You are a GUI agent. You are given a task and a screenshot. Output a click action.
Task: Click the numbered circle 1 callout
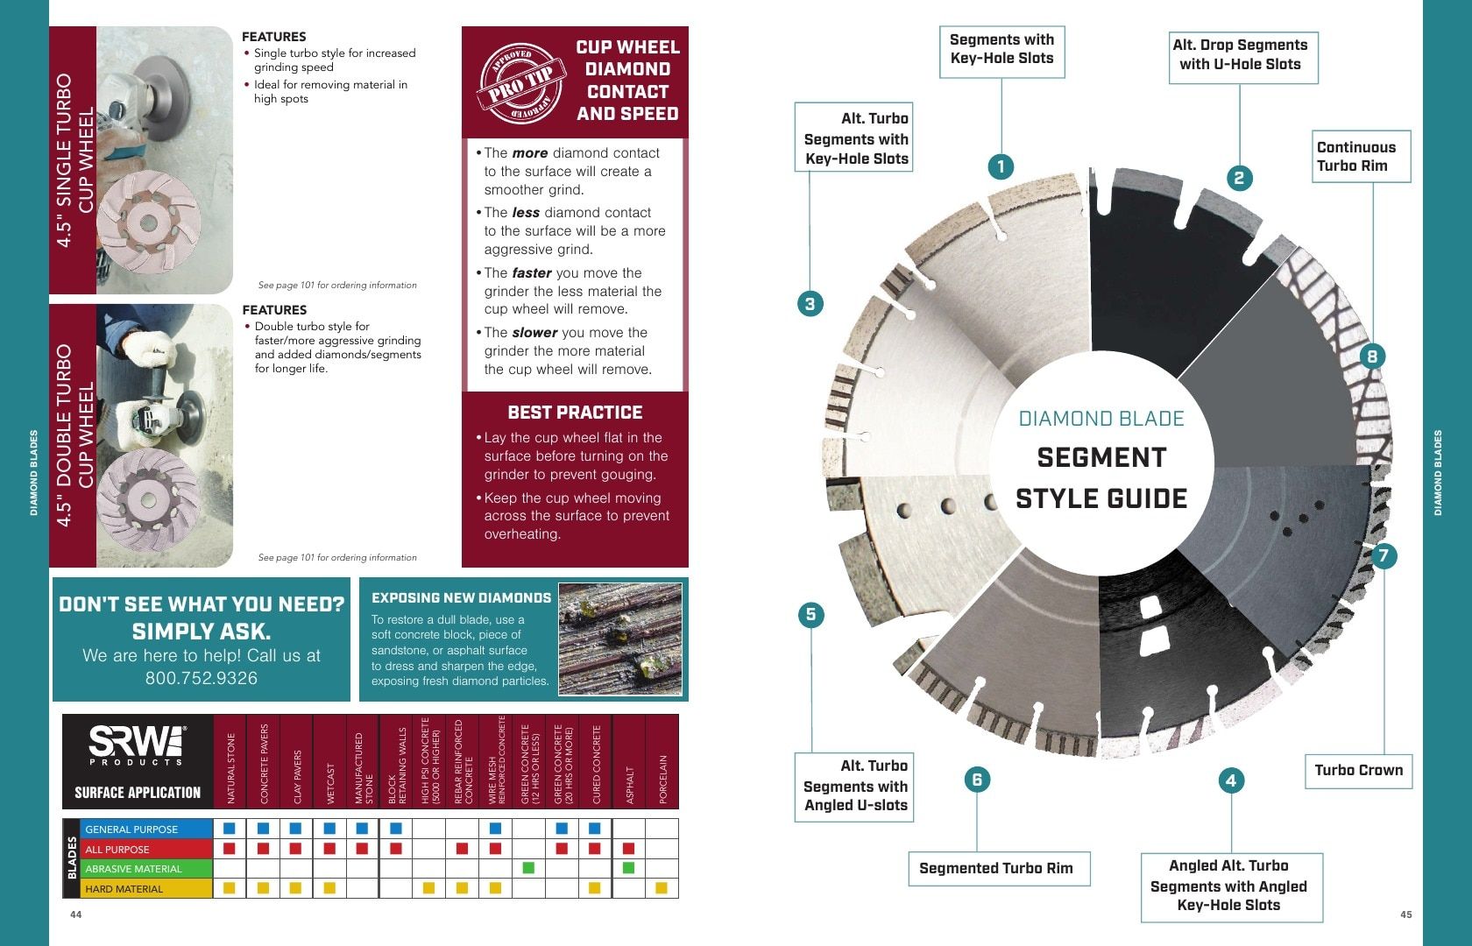coord(1001,166)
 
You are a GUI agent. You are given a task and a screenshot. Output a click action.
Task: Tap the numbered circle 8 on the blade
coord(1372,357)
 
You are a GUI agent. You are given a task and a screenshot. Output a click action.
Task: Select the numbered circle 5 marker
coord(811,615)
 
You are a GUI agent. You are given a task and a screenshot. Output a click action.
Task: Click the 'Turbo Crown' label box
coord(1358,771)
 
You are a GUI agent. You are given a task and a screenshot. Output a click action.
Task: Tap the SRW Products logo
coord(138,745)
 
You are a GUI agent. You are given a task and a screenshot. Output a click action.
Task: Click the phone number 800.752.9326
coord(202,678)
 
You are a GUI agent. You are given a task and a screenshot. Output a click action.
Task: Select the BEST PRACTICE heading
coord(575,413)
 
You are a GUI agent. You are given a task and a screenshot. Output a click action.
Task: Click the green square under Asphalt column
coord(628,868)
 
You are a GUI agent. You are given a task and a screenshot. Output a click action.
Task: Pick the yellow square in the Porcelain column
coord(662,888)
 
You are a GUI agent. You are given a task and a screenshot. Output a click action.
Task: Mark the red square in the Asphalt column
coord(628,848)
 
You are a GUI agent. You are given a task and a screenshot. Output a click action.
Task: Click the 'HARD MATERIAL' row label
coord(124,889)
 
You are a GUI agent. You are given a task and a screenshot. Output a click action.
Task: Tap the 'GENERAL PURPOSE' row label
coord(131,829)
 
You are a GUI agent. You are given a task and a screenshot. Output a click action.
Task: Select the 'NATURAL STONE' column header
coord(230,768)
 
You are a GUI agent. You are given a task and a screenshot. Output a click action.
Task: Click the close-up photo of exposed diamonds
coord(620,639)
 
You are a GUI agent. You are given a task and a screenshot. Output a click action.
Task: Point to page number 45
coord(1406,914)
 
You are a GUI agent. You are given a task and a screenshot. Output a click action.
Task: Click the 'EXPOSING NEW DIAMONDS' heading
coord(461,597)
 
